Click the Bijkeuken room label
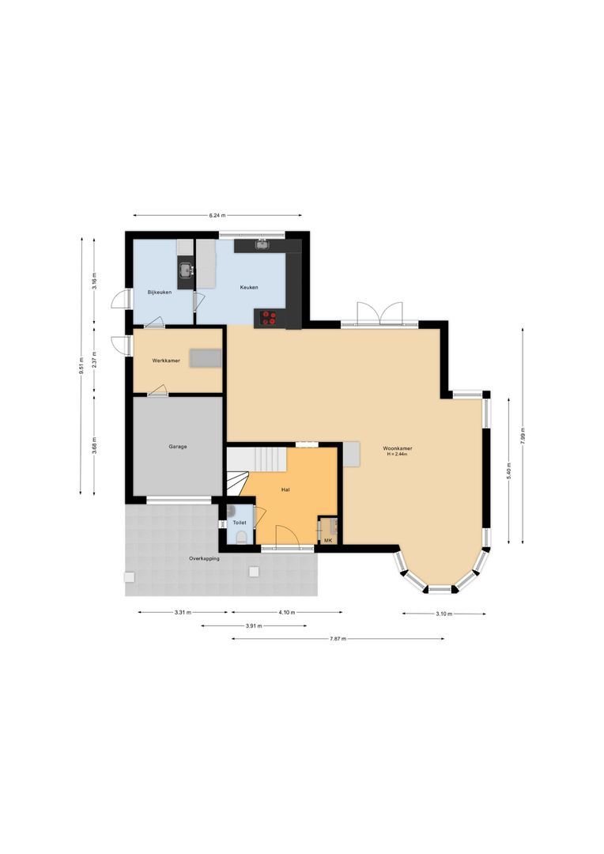pos(160,293)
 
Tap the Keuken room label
pos(249,288)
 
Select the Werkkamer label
pos(166,361)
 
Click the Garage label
pos(178,447)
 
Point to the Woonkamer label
pos(398,448)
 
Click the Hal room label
pos(285,490)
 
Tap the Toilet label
pos(240,523)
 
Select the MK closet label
pos(328,541)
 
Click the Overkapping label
pos(204,558)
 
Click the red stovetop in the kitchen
pos(269,318)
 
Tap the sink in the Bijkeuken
pos(186,271)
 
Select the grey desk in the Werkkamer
pos(206,357)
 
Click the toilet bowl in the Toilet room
pos(241,538)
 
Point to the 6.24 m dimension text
pos(217,215)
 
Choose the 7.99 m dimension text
pos(523,436)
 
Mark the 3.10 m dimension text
pos(444,614)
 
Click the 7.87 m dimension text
pos(338,639)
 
